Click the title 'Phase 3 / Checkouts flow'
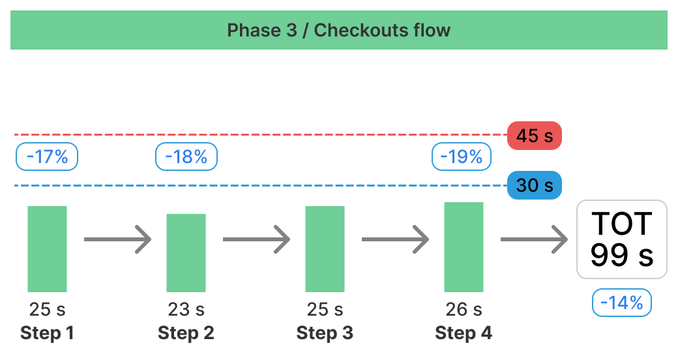(338, 30)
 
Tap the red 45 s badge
(535, 136)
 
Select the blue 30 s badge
(535, 185)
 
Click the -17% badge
(47, 157)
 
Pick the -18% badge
(186, 157)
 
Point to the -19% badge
(462, 157)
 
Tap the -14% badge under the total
(622, 303)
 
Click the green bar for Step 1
(47, 248)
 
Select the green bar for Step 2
(186, 252)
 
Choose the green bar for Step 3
(325, 248)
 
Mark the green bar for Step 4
(464, 247)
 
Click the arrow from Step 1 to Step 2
(117, 239)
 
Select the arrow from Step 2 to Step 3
(256, 239)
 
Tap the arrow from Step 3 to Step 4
(395, 239)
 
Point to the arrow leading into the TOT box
(534, 239)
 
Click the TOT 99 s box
(622, 239)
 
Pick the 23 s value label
(186, 309)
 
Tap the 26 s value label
(464, 309)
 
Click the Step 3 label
(325, 333)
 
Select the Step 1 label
(47, 333)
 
